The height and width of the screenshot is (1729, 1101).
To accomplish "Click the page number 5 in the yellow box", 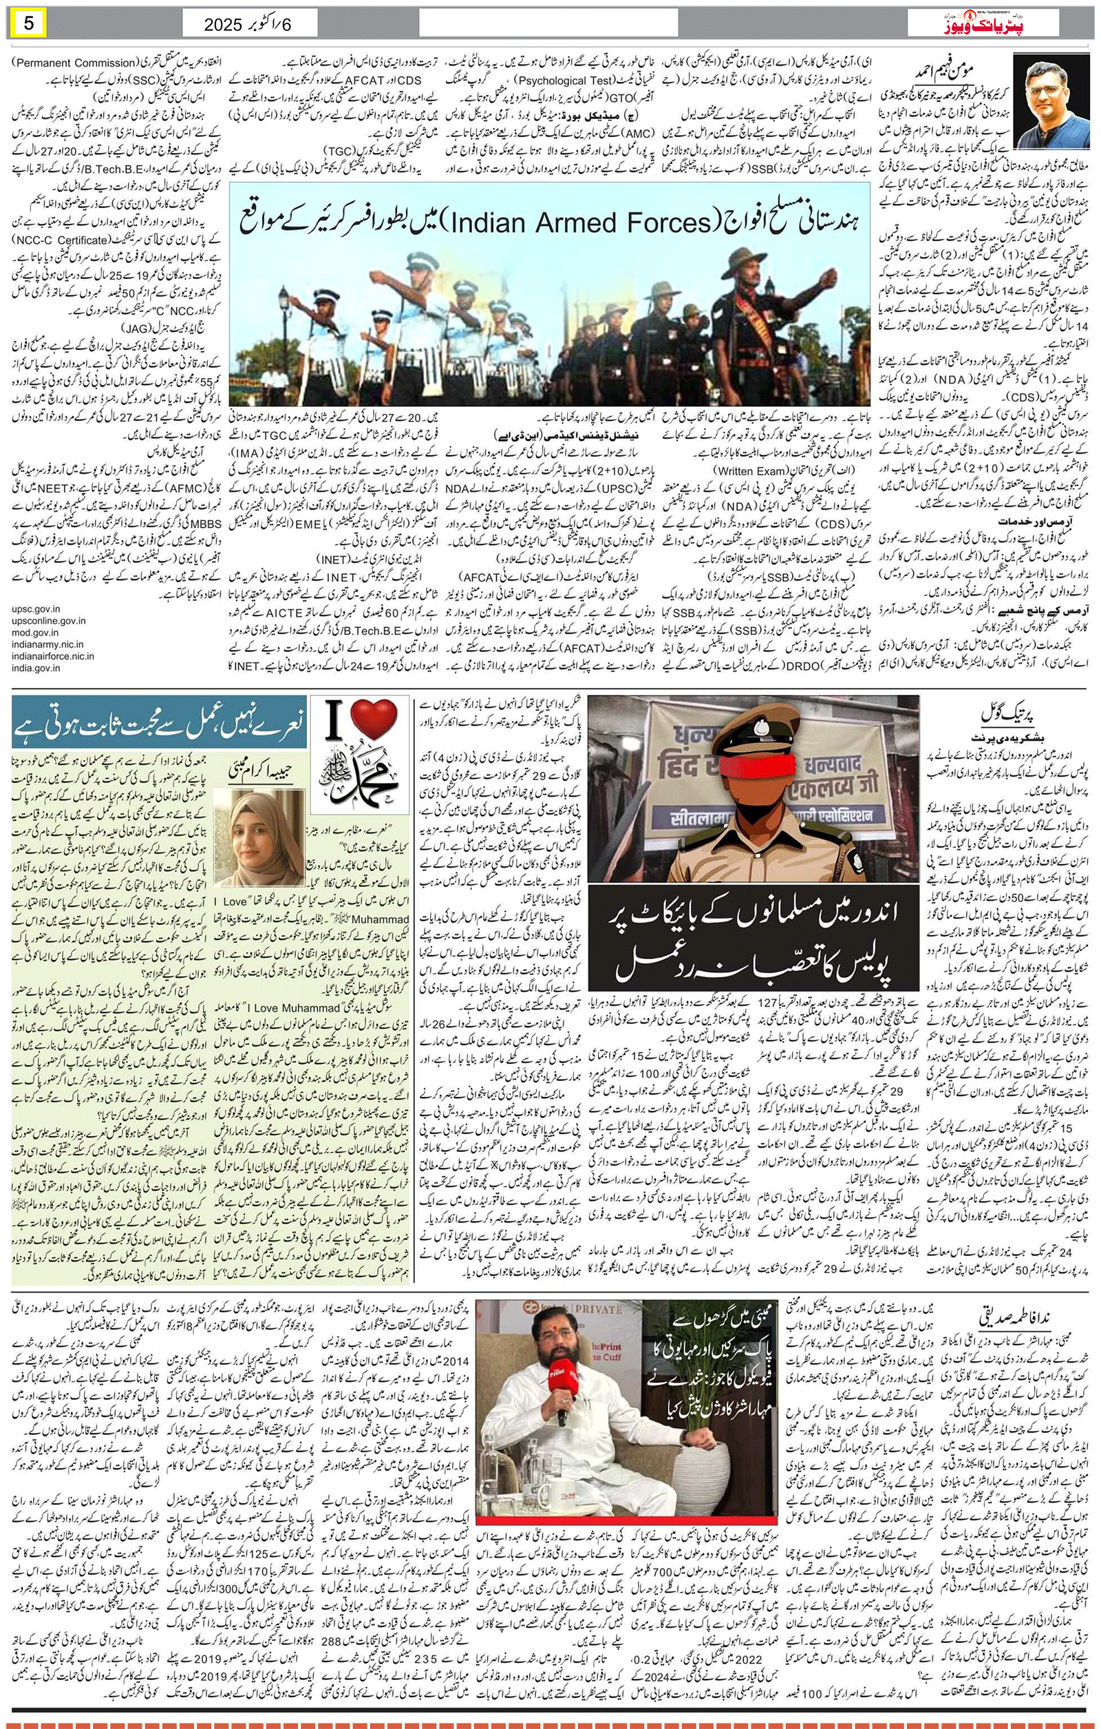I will pos(29,23).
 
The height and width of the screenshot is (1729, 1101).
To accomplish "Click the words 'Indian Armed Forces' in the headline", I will pos(580,222).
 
